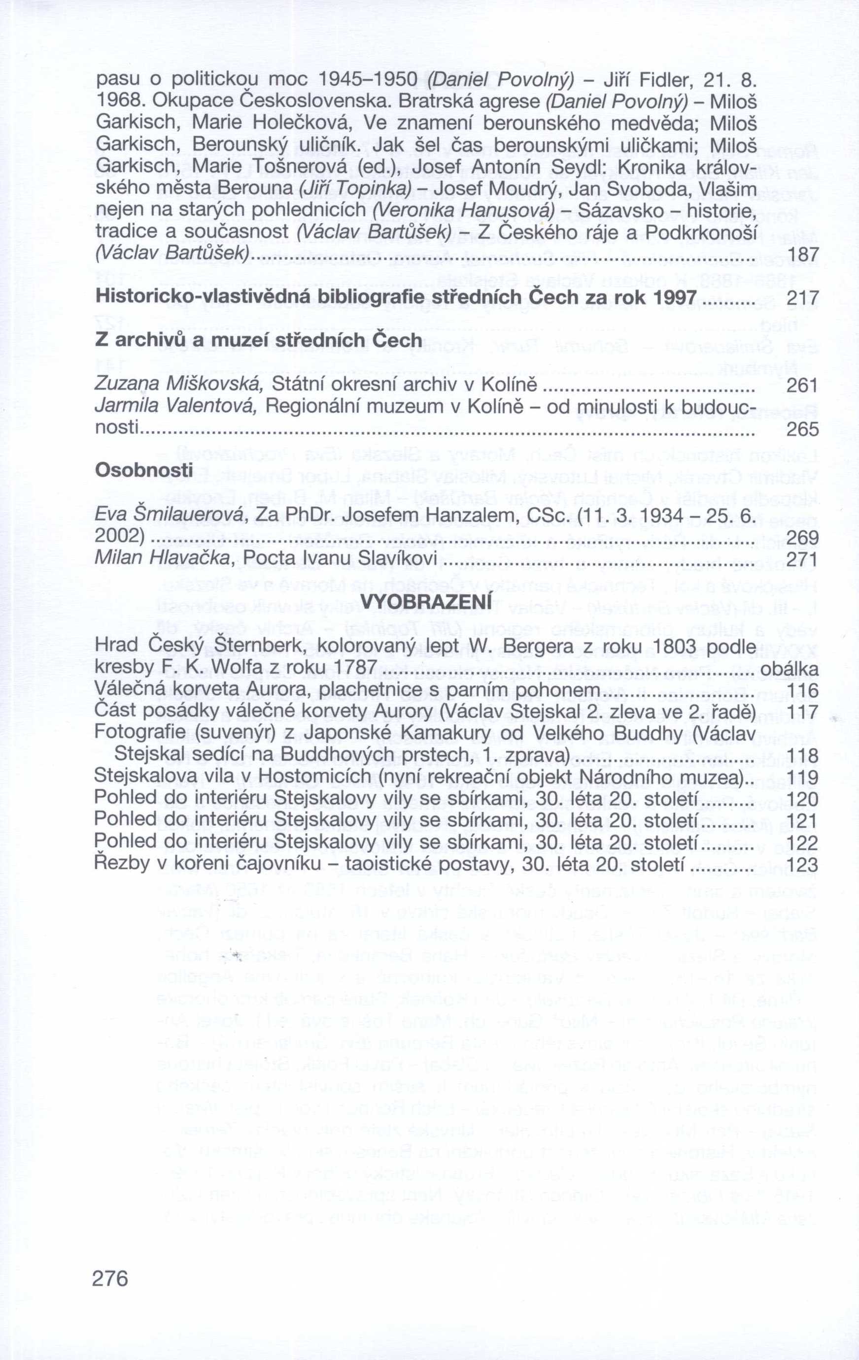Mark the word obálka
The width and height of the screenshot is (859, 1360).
(790, 669)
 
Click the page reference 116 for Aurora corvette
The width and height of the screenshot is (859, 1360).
(802, 690)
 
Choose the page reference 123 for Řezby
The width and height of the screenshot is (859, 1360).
(802, 865)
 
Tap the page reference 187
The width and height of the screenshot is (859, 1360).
(802, 255)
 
